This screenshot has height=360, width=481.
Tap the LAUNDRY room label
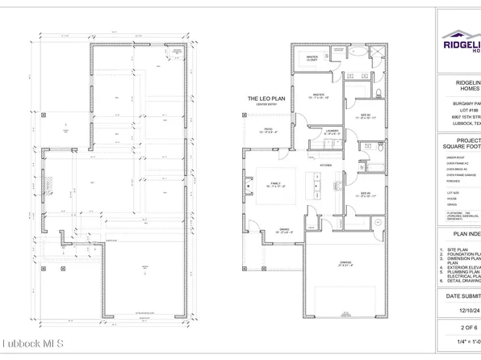(332, 131)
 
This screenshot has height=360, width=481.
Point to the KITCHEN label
(326, 165)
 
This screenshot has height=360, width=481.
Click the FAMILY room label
(274, 184)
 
